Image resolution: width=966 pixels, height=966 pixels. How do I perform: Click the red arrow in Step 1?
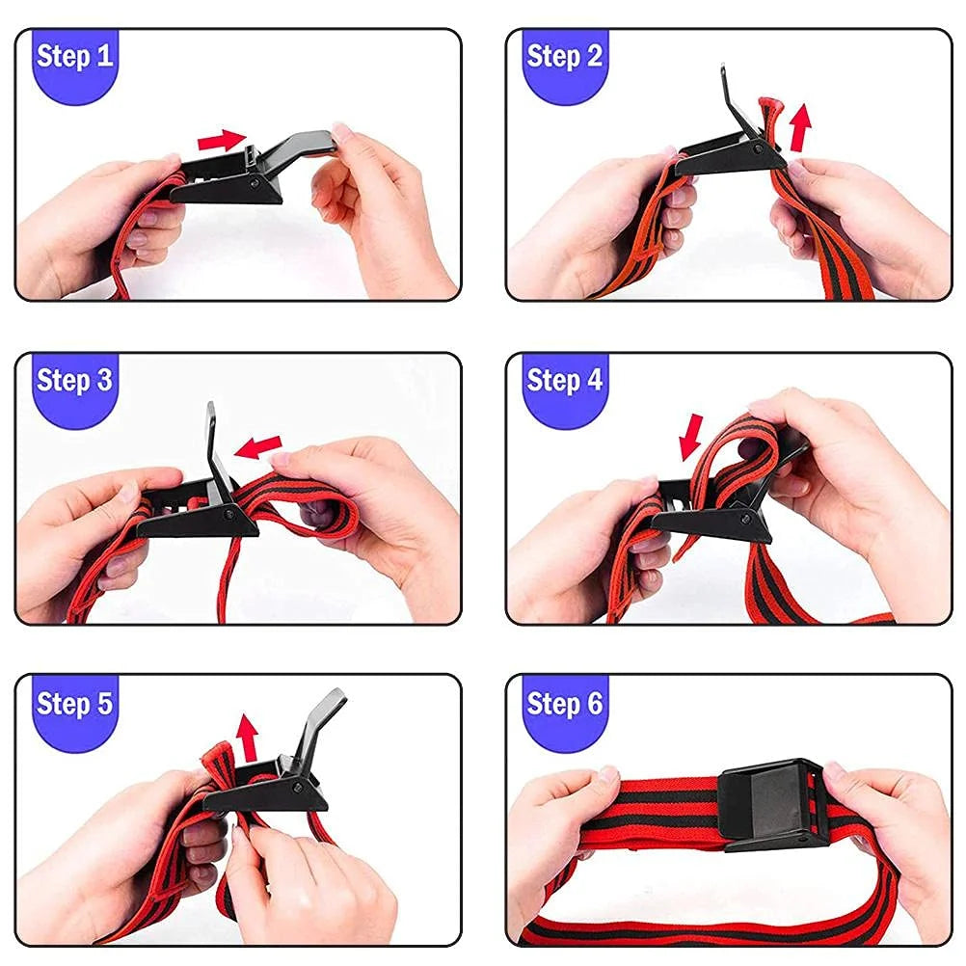pos(222,140)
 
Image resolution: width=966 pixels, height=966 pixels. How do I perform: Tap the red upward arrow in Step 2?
pos(800,128)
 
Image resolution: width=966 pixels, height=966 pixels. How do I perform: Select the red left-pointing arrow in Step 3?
pos(258,446)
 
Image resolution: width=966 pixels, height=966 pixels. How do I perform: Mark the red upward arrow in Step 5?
pos(248,738)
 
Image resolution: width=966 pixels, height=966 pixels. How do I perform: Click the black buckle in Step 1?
pos(231,176)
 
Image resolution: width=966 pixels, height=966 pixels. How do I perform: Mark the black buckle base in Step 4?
pos(713,523)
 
